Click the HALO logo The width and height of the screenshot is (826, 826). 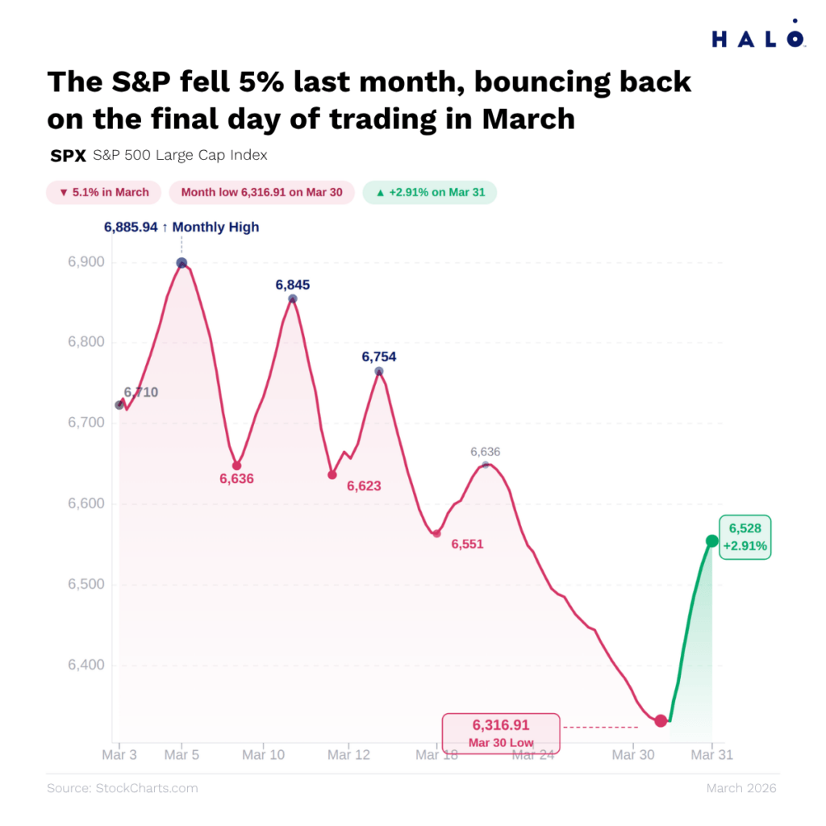(757, 37)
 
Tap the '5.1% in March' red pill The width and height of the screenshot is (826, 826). (104, 193)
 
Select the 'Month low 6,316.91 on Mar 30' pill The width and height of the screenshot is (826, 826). (261, 193)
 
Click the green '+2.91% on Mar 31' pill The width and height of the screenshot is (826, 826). (429, 193)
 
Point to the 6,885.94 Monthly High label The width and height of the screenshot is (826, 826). (181, 227)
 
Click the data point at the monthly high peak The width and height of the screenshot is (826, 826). (181, 263)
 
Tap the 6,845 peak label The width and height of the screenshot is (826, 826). (292, 285)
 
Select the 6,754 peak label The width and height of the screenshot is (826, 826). (378, 357)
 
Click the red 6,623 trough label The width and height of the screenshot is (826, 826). (364, 486)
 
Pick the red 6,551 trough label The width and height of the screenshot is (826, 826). (467, 544)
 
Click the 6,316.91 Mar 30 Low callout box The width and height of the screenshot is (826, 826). (500, 732)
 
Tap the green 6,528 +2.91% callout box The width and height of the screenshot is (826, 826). (745, 537)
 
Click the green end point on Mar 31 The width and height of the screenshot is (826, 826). (712, 541)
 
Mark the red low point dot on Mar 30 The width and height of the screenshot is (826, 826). (661, 720)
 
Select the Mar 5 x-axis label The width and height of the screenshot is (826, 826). (181, 755)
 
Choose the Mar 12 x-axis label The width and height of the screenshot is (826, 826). (349, 755)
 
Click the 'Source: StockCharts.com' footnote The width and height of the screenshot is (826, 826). (122, 788)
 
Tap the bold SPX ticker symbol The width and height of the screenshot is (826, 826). (68, 156)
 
